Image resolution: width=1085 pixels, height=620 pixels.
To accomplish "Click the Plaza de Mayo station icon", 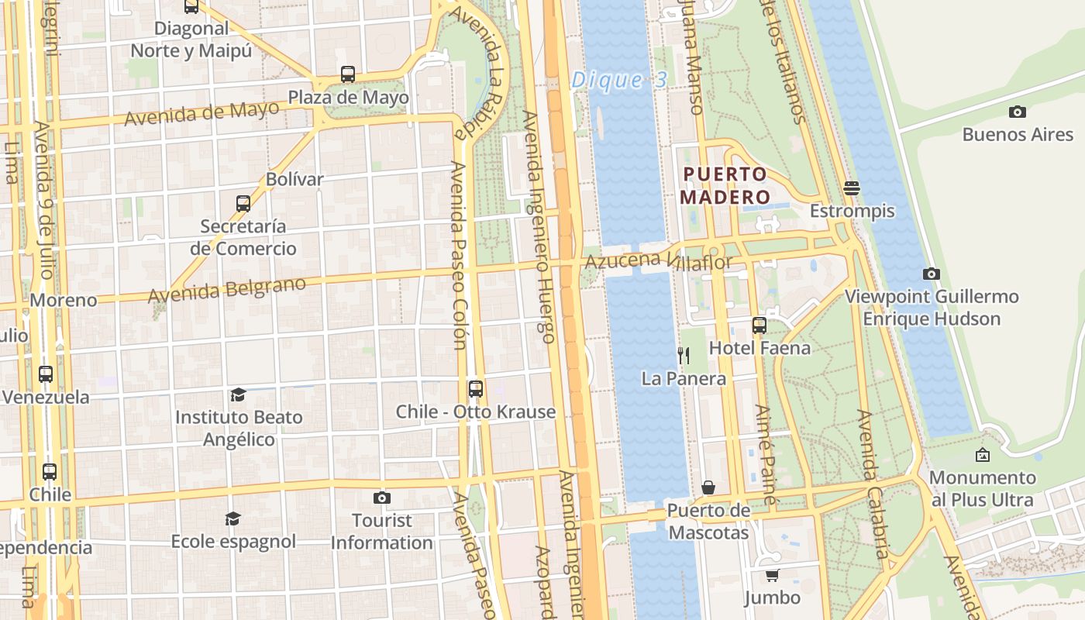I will [348, 74].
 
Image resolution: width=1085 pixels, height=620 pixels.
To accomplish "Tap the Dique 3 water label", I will [618, 81].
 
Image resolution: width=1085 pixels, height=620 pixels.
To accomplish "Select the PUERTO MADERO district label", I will [725, 185].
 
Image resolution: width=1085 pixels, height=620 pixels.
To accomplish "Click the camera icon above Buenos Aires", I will [1018, 112].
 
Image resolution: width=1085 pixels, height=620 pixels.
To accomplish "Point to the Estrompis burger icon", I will [852, 188].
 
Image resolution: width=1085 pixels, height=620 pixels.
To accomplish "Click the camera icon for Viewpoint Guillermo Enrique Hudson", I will [932, 274].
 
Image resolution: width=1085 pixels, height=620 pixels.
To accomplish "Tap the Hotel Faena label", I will [759, 348].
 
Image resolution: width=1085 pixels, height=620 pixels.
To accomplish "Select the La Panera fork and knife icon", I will [684, 355].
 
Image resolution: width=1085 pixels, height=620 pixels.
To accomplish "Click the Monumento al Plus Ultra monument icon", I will [983, 455].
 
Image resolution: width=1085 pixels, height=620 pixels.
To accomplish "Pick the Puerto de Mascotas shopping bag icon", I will [708, 487].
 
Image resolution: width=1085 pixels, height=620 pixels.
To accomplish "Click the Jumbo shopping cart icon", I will [772, 575].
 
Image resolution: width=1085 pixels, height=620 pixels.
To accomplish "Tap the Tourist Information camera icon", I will [382, 498].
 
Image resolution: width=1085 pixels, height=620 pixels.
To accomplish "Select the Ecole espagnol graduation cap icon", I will [232, 518].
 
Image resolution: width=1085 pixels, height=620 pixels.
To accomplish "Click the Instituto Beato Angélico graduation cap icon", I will [238, 394].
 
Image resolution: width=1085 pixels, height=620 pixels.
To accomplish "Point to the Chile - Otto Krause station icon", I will [476, 388].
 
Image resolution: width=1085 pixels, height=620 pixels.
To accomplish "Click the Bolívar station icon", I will [243, 203].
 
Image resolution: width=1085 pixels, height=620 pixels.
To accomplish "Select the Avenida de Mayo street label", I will [201, 114].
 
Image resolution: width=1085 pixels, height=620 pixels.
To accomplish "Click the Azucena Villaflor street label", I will [658, 261].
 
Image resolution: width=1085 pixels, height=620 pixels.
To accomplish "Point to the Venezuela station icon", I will [46, 374].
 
